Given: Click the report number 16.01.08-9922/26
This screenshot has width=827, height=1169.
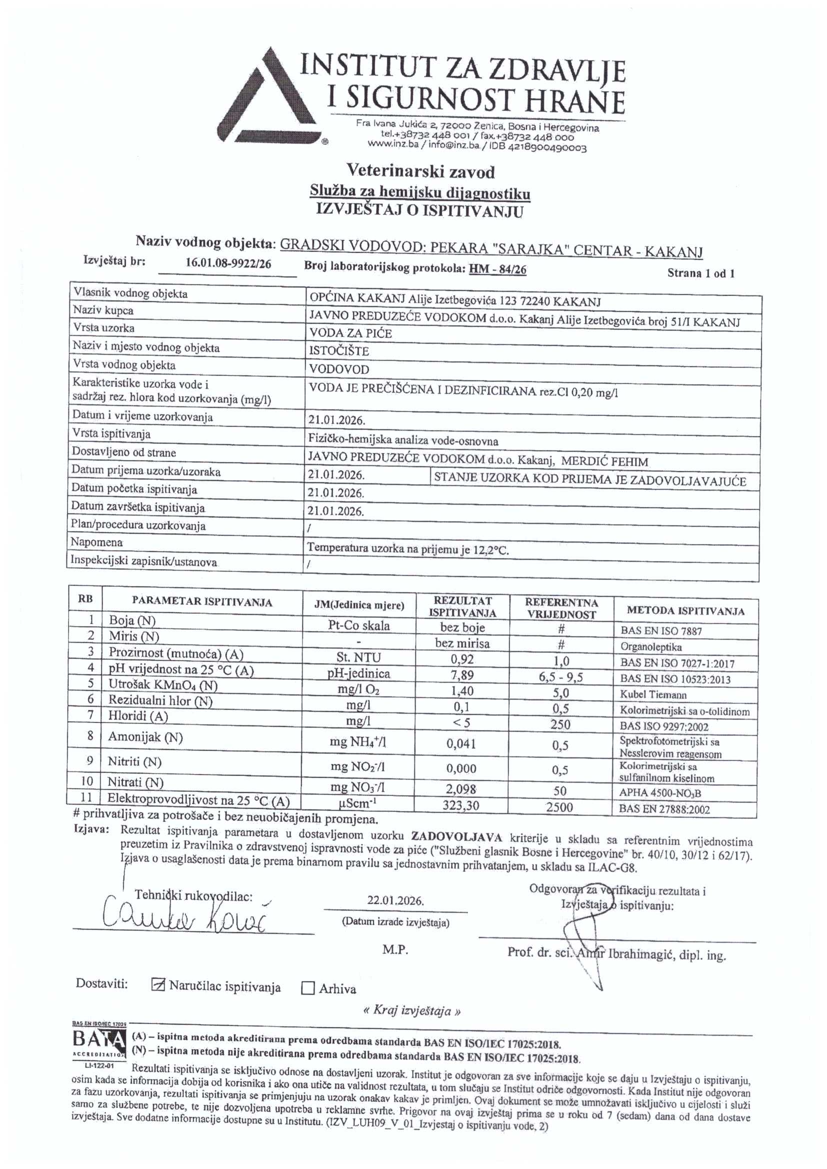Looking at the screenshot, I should click(x=228, y=263).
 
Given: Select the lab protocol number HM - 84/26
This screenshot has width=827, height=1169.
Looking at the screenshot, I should click(x=497, y=269).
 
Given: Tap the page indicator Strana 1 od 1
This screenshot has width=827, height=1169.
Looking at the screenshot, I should click(x=700, y=273).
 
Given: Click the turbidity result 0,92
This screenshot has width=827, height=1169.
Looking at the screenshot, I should click(x=462, y=659).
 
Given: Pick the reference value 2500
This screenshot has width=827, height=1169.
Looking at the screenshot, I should click(x=559, y=807).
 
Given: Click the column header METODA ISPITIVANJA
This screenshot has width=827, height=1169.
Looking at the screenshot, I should click(x=685, y=611).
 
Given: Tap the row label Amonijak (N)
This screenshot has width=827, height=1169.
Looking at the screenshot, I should click(x=145, y=736).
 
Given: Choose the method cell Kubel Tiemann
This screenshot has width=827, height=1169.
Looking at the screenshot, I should click(x=653, y=694).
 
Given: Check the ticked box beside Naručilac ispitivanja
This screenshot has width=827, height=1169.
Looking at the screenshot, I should click(x=158, y=985).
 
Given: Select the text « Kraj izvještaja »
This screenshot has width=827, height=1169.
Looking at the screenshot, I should click(x=412, y=1010).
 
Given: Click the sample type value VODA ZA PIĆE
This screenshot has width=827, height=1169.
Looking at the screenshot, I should click(x=350, y=333).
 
